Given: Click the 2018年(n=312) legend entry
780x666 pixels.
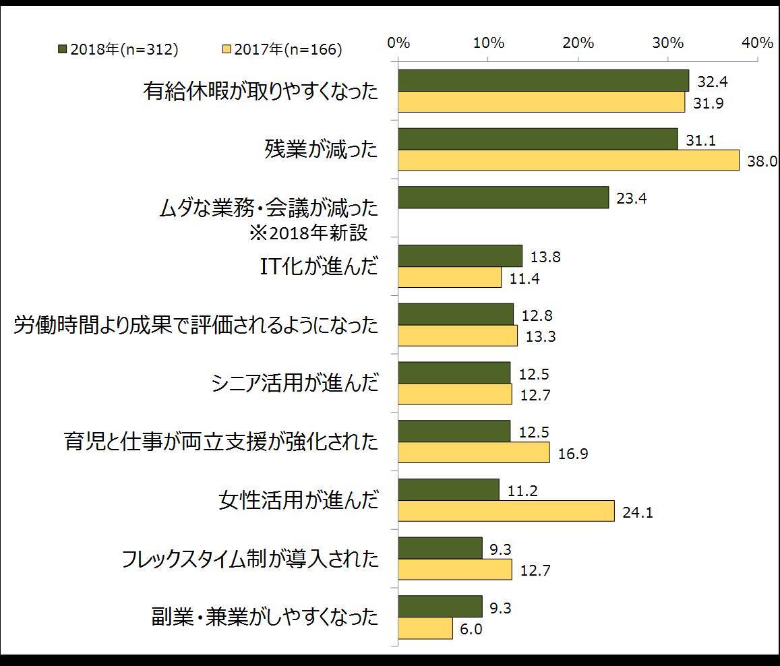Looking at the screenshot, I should click(118, 49).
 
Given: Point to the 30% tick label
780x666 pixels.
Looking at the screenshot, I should click(667, 43).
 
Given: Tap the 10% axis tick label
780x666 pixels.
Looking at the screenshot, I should click(489, 43).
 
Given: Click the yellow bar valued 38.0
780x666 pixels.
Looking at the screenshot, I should click(568, 160).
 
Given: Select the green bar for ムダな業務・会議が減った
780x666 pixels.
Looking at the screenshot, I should click(503, 198).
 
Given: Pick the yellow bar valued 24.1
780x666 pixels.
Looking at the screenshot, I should click(506, 510).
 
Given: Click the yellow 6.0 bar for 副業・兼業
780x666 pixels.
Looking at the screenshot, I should click(425, 628).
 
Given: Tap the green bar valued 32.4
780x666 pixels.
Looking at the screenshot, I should click(543, 80).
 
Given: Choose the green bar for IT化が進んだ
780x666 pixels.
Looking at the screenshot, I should click(460, 256).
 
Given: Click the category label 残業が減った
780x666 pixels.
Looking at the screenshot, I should click(321, 149).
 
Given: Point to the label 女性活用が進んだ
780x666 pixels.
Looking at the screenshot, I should click(298, 500).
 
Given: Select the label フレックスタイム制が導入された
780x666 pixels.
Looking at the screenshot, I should click(250, 559).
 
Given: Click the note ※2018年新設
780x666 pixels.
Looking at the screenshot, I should click(309, 233).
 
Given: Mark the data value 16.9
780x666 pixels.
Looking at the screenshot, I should click(573, 454).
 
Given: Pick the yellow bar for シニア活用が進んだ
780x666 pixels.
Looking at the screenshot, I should click(454, 394).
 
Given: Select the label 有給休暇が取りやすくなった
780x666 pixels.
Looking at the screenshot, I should click(261, 91).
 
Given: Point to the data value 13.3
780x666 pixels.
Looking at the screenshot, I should click(541, 336).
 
